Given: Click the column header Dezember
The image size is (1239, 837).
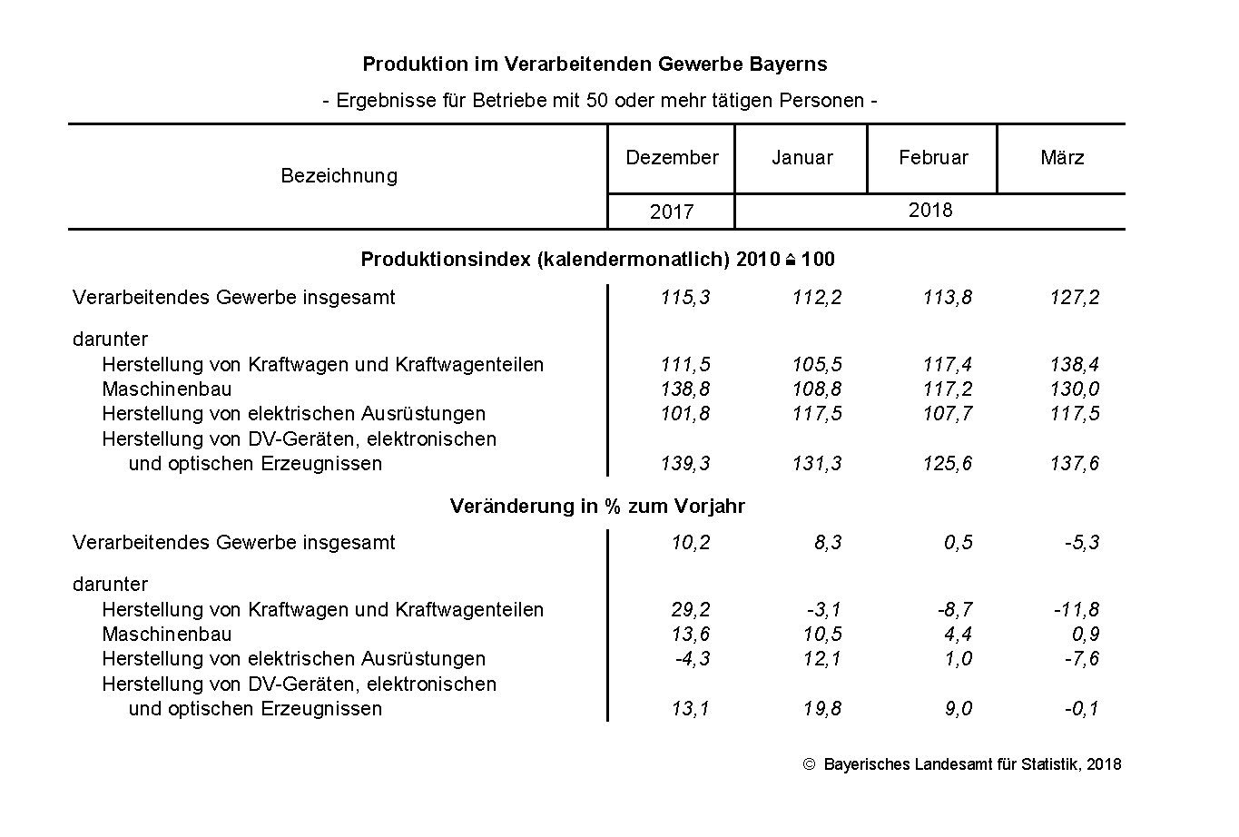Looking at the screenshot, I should (x=672, y=158).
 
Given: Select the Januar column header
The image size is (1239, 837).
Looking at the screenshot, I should (x=801, y=158).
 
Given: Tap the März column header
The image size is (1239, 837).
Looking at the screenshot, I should (x=1062, y=158).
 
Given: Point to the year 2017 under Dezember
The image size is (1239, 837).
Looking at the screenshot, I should (x=672, y=212).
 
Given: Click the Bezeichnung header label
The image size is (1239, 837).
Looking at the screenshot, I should (x=339, y=176).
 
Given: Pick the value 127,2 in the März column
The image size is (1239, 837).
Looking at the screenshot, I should (x=1075, y=298).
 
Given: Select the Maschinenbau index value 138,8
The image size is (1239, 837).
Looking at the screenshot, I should (x=685, y=389).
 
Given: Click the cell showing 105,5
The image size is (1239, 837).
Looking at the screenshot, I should (x=816, y=365).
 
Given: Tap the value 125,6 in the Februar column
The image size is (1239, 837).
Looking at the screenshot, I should (x=947, y=464).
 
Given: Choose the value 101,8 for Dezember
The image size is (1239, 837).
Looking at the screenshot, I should (x=685, y=414).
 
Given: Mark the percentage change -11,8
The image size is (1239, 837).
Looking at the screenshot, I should (x=1077, y=610).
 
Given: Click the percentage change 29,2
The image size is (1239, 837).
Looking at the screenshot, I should (x=691, y=610).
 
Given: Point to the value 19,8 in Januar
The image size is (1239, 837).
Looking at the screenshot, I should (x=821, y=709).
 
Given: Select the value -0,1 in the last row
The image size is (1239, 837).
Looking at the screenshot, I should (x=1082, y=709).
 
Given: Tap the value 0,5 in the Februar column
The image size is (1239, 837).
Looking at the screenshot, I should (x=958, y=543).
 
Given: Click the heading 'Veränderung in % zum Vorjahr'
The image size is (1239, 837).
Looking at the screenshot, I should (x=597, y=507).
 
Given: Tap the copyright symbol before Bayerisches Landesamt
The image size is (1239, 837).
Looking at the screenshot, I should (x=810, y=764).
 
